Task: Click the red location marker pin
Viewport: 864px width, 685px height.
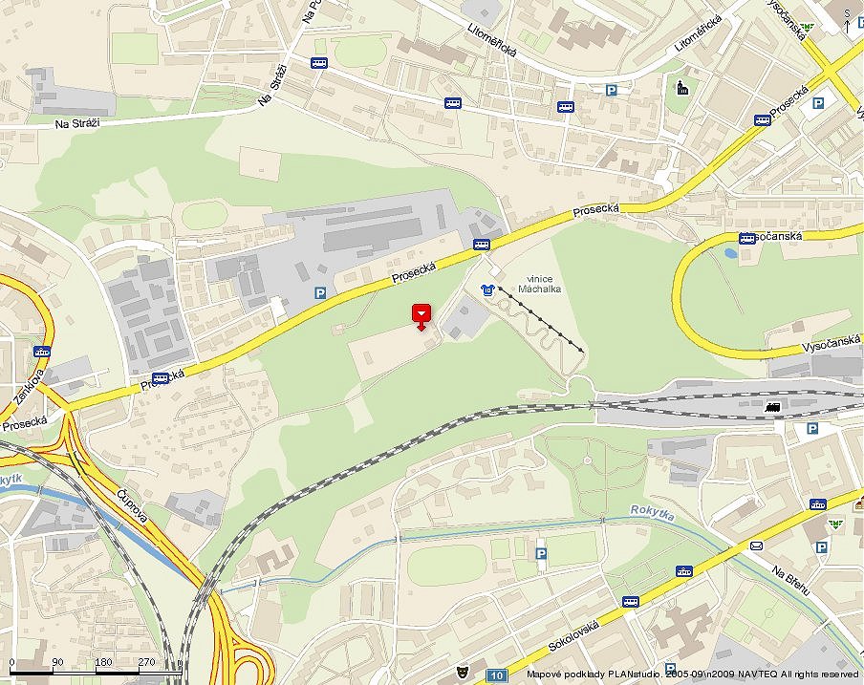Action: pyautogui.click(x=421, y=315)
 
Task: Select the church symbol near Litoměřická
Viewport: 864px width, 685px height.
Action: pyautogui.click(x=682, y=89)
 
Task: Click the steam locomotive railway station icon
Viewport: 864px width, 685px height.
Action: pyautogui.click(x=773, y=408)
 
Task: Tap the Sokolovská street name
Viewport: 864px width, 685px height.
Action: pyautogui.click(x=573, y=635)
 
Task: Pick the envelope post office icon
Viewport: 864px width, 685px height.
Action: pyautogui.click(x=757, y=545)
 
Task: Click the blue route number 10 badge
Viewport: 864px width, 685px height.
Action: pyautogui.click(x=496, y=675)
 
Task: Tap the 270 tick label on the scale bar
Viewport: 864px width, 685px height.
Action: pyautogui.click(x=146, y=661)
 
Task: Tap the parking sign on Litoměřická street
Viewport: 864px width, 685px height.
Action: pyautogui.click(x=612, y=91)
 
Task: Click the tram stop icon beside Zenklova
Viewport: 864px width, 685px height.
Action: pyautogui.click(x=41, y=352)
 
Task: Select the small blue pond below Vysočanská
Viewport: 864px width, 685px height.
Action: pyautogui.click(x=731, y=254)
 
